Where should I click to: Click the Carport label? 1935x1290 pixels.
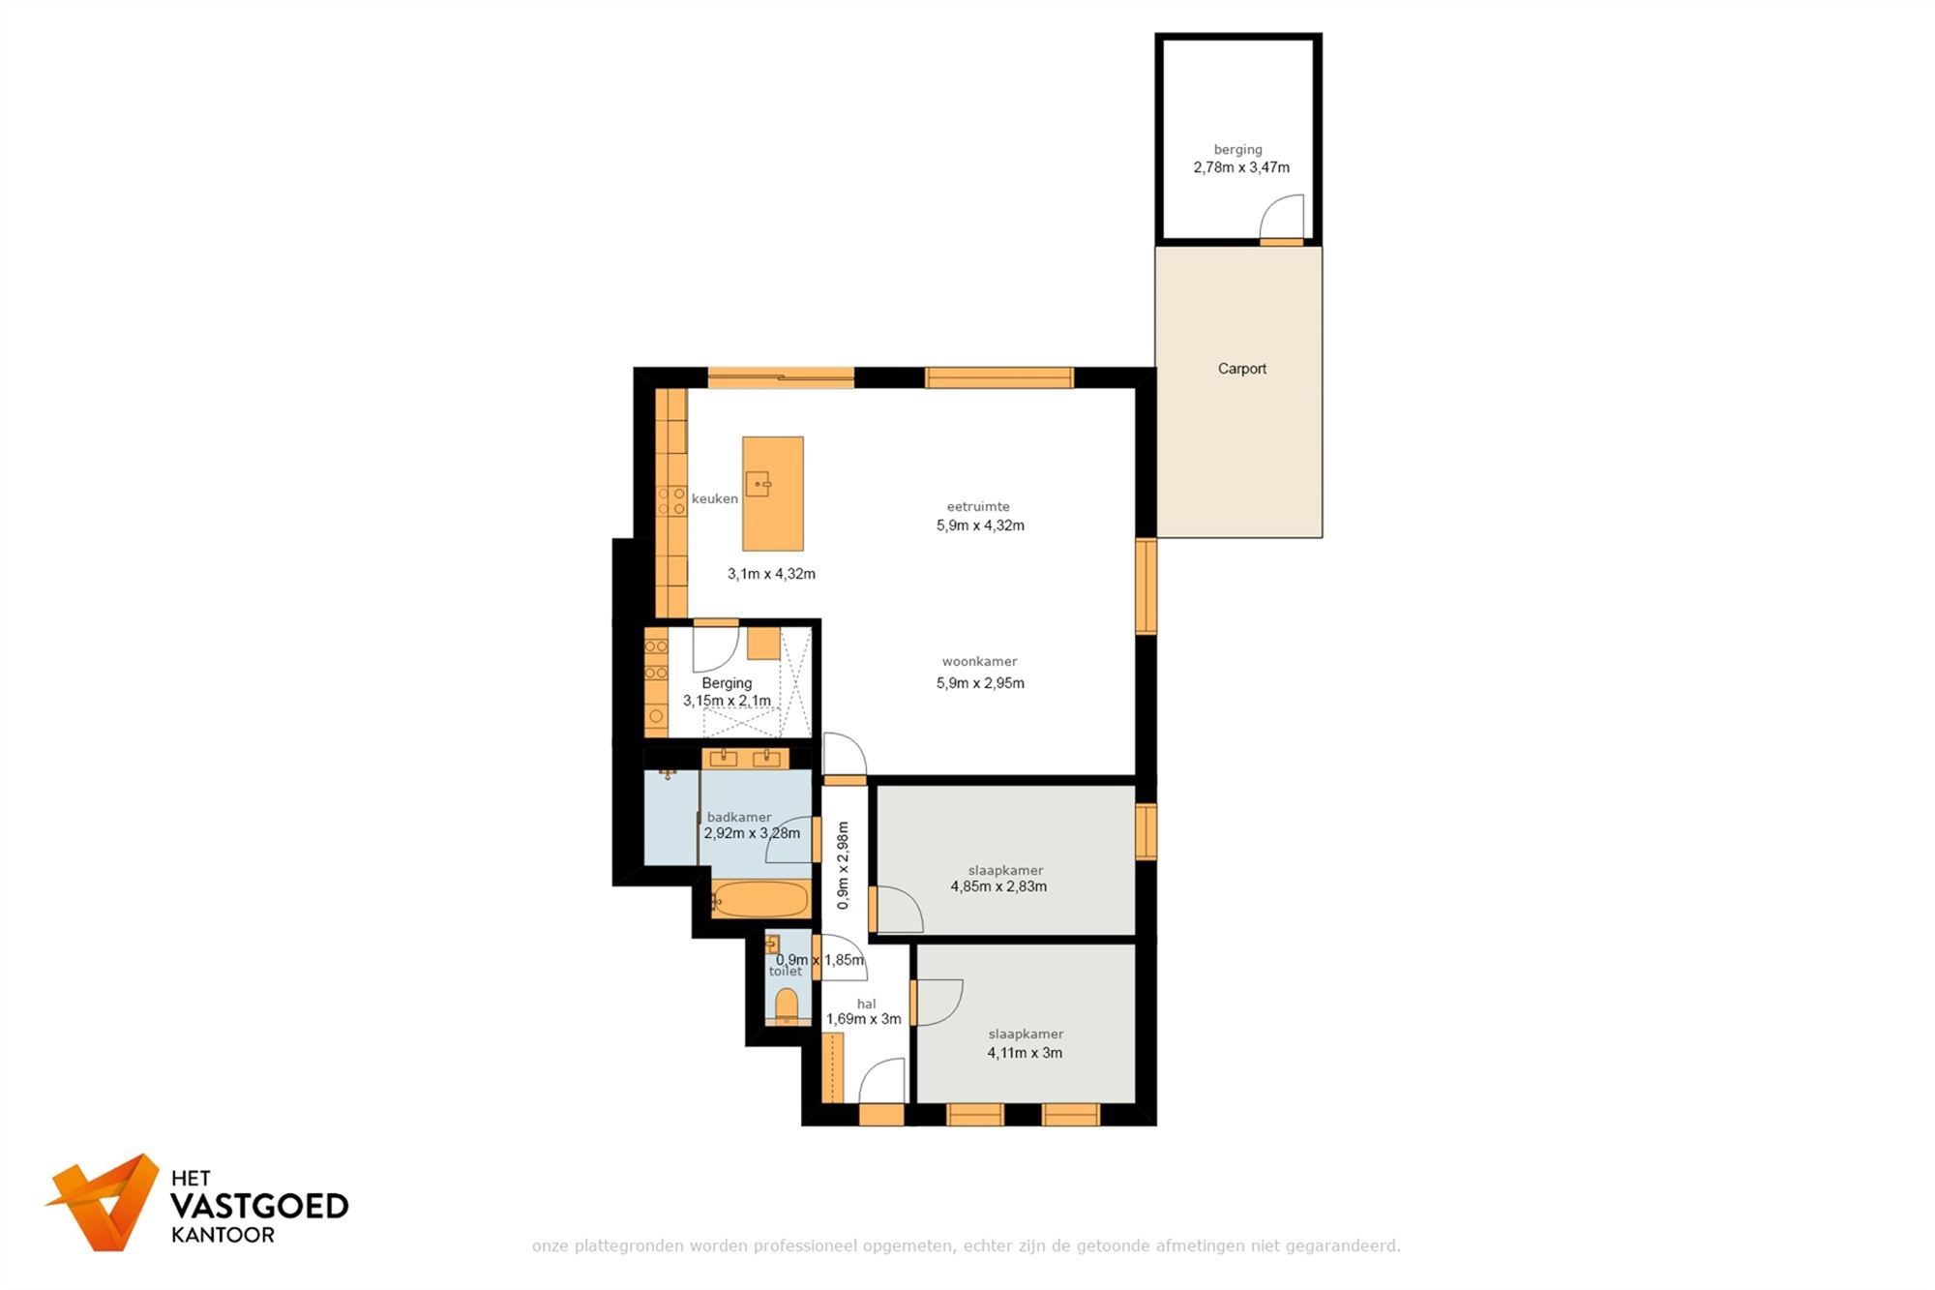click(1241, 369)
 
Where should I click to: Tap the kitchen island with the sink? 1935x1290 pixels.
click(772, 494)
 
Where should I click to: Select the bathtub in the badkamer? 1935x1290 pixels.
click(760, 899)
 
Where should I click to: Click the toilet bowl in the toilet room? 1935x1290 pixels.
click(787, 1005)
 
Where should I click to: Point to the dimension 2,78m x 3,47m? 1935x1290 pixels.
click(1241, 167)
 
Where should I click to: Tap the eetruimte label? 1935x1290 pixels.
click(978, 506)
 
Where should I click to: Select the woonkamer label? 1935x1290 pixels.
click(979, 662)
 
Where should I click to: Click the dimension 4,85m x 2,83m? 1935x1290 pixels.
click(998, 886)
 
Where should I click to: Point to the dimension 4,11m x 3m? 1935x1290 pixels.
click(1025, 1053)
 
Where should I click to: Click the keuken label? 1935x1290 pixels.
click(715, 499)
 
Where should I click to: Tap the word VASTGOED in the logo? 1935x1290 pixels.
click(259, 1206)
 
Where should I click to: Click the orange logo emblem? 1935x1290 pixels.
click(104, 1201)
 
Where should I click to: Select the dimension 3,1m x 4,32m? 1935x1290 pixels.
click(771, 574)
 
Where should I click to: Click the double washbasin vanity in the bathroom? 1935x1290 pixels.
click(745, 758)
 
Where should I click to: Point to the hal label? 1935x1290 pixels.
click(866, 1004)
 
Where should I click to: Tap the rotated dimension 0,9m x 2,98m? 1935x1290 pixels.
click(843, 865)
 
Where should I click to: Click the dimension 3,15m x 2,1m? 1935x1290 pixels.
click(728, 701)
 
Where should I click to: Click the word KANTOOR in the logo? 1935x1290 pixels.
click(223, 1235)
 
